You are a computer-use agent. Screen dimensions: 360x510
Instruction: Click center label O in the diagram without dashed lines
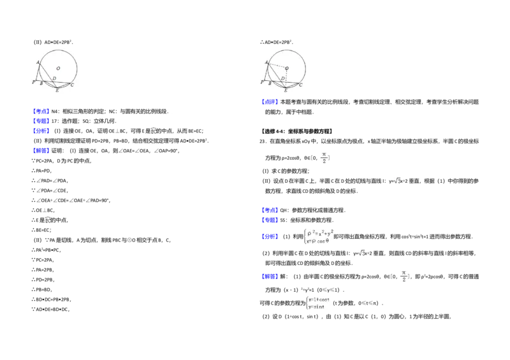tap(58, 68)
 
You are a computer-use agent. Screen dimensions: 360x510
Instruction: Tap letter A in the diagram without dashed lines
tap(38, 62)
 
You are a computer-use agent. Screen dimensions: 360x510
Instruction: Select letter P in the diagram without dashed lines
tap(33, 83)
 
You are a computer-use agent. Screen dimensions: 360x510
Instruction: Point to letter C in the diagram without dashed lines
tap(72, 85)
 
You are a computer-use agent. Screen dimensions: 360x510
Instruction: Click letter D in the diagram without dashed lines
tap(54, 78)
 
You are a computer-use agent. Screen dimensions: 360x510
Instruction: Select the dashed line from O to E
tap(286, 77)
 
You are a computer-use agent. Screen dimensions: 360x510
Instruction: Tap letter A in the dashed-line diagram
tap(266, 62)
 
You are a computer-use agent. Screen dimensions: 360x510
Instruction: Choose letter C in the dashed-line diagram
tap(300, 85)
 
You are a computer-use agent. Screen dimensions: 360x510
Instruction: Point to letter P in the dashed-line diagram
tap(261, 83)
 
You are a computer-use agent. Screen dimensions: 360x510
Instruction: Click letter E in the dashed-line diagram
tap(285, 91)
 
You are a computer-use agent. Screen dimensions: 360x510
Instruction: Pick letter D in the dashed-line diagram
tap(282, 78)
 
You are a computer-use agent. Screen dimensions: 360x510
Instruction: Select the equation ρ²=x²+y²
tap(321, 231)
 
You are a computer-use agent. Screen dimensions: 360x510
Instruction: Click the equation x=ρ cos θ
tap(319, 241)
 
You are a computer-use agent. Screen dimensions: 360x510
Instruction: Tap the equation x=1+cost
tap(319, 299)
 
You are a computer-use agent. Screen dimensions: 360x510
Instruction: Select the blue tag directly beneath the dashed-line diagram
tap(270, 102)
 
